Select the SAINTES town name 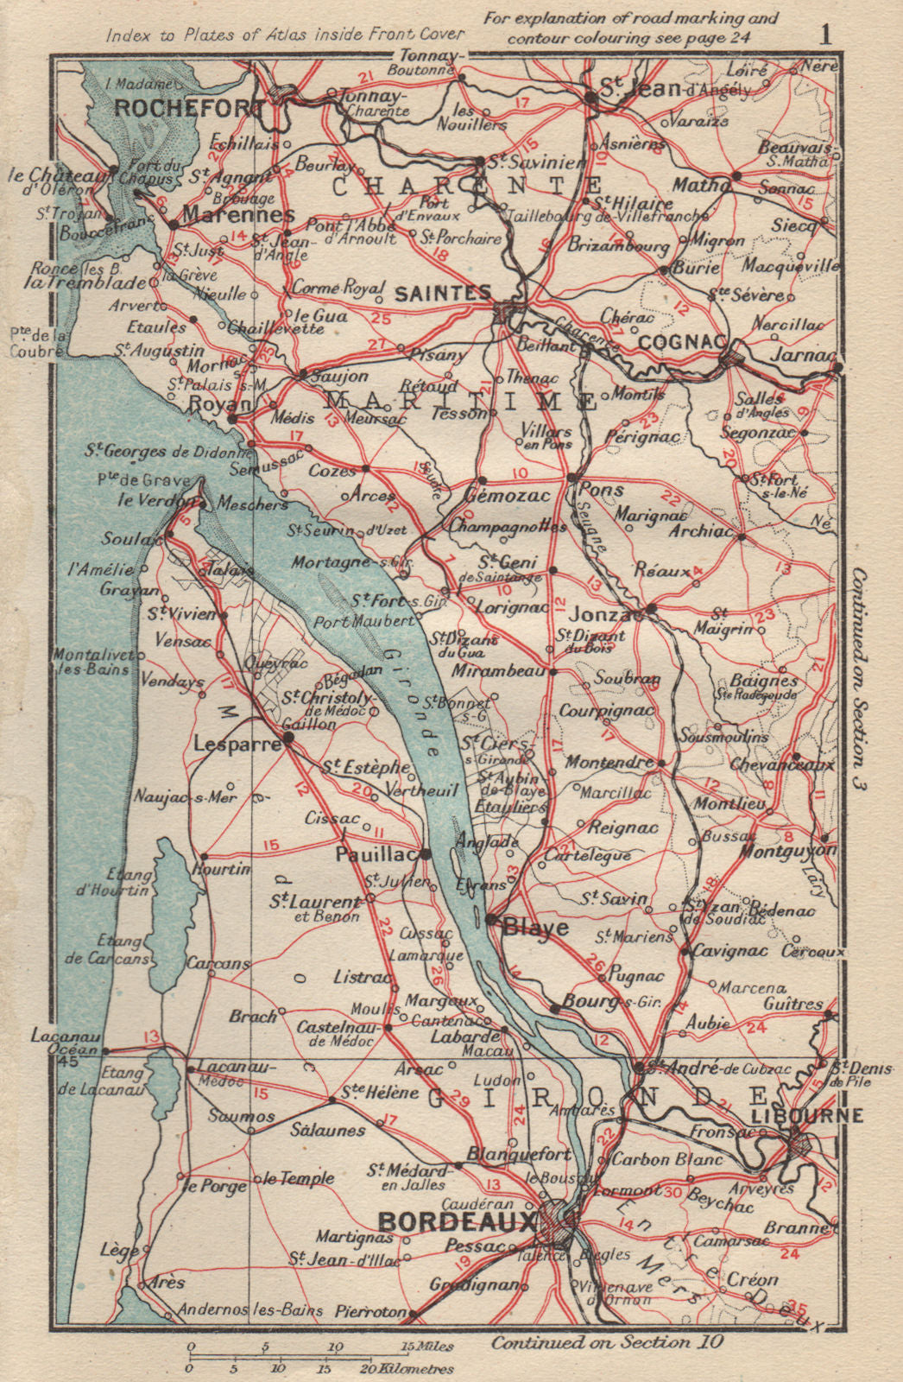[x=442, y=294]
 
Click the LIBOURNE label [x=807, y=1115]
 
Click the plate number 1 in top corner [x=825, y=35]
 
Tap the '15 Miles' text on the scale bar [x=426, y=1347]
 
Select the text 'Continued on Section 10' [x=608, y=1342]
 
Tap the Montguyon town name [x=788, y=850]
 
